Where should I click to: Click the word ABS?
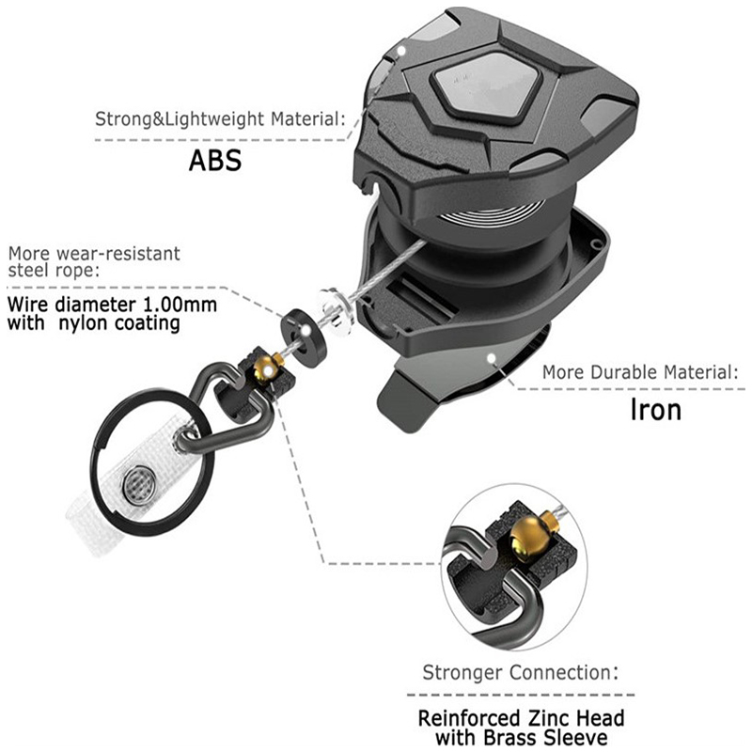[215, 161]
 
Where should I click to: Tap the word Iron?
[655, 410]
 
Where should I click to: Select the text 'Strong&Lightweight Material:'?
[220, 119]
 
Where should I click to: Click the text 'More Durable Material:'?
[641, 372]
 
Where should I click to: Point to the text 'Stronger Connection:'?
[521, 672]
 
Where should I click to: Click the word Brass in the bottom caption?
[512, 737]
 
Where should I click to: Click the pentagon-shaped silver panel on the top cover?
[485, 87]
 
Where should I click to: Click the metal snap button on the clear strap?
[138, 485]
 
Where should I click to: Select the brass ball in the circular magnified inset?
[527, 536]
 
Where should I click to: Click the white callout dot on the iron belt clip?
[491, 358]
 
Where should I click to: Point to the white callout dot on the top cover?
[401, 50]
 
